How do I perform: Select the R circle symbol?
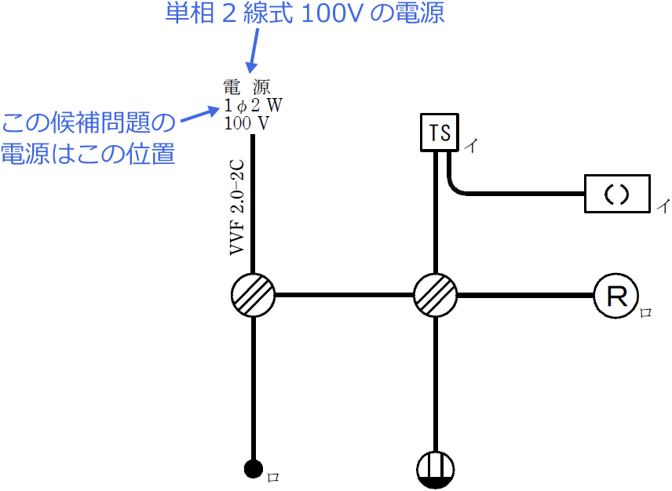click(x=615, y=296)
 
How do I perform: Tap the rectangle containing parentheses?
click(x=617, y=194)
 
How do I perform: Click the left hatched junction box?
click(x=253, y=296)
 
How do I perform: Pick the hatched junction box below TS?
click(x=436, y=296)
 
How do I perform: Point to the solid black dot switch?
click(x=253, y=469)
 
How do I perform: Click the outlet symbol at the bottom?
click(x=436, y=469)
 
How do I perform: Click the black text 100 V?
click(x=248, y=123)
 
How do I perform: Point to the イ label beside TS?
click(x=470, y=146)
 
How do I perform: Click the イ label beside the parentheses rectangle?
click(x=663, y=206)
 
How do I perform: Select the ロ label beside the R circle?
click(x=646, y=313)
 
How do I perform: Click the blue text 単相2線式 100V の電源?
click(x=305, y=13)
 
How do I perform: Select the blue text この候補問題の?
click(x=88, y=123)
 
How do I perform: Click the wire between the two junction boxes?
click(x=344, y=296)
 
